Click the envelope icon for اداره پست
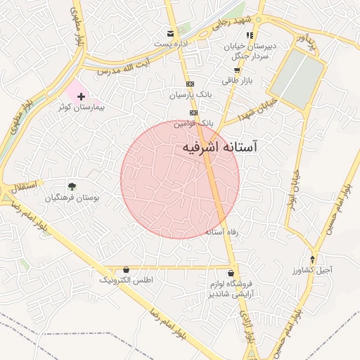point(169,33)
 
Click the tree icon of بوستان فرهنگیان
point(72,186)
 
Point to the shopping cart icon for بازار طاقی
point(238,70)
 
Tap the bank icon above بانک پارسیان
point(190,83)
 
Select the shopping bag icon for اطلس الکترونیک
point(126,269)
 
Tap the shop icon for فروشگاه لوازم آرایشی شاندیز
point(231,273)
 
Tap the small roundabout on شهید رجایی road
point(259,19)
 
